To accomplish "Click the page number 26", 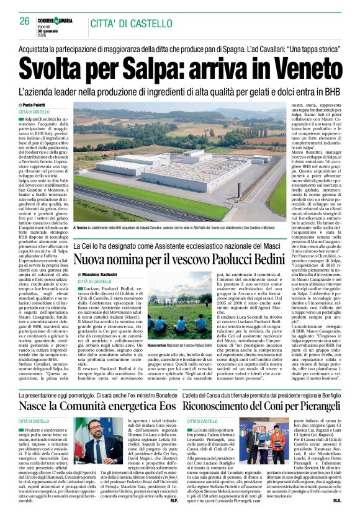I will tap(25, 20).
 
